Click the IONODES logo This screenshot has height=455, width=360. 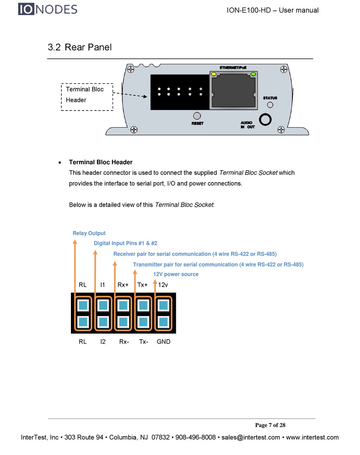(47, 9)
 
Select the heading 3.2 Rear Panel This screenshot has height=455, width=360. (80, 47)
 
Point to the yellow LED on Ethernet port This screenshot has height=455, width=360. (214, 74)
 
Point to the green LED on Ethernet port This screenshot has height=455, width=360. (253, 74)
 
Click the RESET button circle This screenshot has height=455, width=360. (197, 116)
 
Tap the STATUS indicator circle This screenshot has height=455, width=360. (270, 105)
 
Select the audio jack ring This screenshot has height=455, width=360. (266, 120)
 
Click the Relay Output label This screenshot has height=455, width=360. (89, 233)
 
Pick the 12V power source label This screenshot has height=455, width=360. (176, 274)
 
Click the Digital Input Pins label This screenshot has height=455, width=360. (125, 243)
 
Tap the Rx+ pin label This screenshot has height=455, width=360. (123, 285)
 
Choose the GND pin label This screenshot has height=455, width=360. (163, 342)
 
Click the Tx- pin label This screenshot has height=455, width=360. (144, 342)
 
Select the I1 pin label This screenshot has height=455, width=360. (103, 285)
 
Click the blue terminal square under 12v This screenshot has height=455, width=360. (163, 305)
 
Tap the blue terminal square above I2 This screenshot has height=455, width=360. (103, 322)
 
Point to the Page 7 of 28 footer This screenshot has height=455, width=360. (270, 425)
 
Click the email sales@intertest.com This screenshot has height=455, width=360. (251, 438)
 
